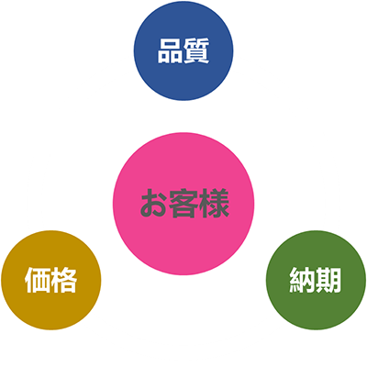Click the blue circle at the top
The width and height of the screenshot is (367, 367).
[x=183, y=50]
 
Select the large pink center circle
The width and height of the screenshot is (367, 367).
[x=183, y=204]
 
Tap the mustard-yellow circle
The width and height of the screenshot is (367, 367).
[x=51, y=280]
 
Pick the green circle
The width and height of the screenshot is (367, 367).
[x=316, y=280]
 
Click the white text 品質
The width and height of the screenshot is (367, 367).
[x=183, y=50]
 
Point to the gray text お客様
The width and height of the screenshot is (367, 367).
[x=184, y=204]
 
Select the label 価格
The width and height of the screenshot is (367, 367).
[x=50, y=280]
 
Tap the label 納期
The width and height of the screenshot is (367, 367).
[x=316, y=280]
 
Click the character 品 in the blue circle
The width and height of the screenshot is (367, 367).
[x=170, y=51]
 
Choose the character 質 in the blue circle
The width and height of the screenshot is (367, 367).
[x=196, y=50]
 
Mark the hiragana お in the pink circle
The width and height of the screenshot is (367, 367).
[x=154, y=204]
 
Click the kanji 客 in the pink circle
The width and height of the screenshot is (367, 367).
[x=183, y=204]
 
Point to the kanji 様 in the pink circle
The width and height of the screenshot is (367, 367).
[x=215, y=204]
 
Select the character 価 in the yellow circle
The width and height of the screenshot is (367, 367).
[x=38, y=280]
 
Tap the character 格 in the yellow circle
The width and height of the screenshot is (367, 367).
[x=64, y=280]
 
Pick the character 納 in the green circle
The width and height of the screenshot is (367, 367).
[x=302, y=280]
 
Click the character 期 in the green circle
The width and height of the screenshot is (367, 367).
[x=328, y=280]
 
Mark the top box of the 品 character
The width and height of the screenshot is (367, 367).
[x=170, y=43]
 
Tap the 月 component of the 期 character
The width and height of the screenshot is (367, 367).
[x=335, y=280]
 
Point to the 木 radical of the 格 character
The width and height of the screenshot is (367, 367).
[x=56, y=280]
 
